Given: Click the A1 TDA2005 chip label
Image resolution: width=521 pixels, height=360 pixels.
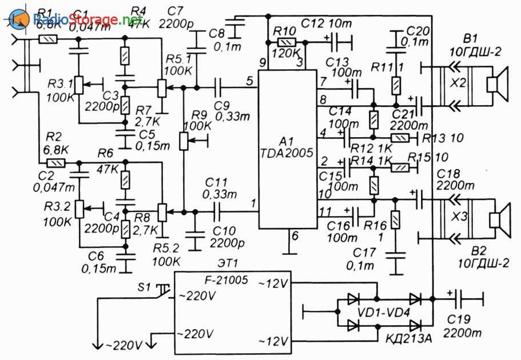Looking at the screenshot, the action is tap(287, 147).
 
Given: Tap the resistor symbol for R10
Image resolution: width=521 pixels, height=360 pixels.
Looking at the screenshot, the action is tap(287, 42).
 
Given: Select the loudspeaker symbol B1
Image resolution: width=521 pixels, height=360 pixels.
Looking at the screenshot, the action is tap(498, 84).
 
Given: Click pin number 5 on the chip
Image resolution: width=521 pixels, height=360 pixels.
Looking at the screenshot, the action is tap(250, 81).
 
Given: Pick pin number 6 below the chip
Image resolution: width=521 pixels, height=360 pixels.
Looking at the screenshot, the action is tap(295, 236).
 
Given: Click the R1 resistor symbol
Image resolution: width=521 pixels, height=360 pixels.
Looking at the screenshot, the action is tap(48, 40).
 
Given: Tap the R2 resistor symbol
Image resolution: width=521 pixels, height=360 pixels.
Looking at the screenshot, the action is tap(56, 163).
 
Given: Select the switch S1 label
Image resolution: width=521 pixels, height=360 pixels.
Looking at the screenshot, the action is tap(144, 287).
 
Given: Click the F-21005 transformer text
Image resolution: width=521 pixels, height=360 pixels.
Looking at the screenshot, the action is tap(226, 280).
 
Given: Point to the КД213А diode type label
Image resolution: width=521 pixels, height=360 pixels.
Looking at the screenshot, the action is tap(409, 339).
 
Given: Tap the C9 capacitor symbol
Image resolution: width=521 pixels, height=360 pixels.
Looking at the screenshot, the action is tap(218, 87).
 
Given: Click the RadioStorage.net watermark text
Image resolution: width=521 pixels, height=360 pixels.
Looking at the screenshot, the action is tap(88, 19).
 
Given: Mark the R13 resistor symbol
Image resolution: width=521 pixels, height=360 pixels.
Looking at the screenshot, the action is tap(400, 137).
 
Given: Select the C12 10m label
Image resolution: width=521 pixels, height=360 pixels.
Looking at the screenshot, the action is tap(327, 23).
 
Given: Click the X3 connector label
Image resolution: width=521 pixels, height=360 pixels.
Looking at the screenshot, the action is tap(460, 217).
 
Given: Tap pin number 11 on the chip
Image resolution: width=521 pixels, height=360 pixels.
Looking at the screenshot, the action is tap(325, 211).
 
